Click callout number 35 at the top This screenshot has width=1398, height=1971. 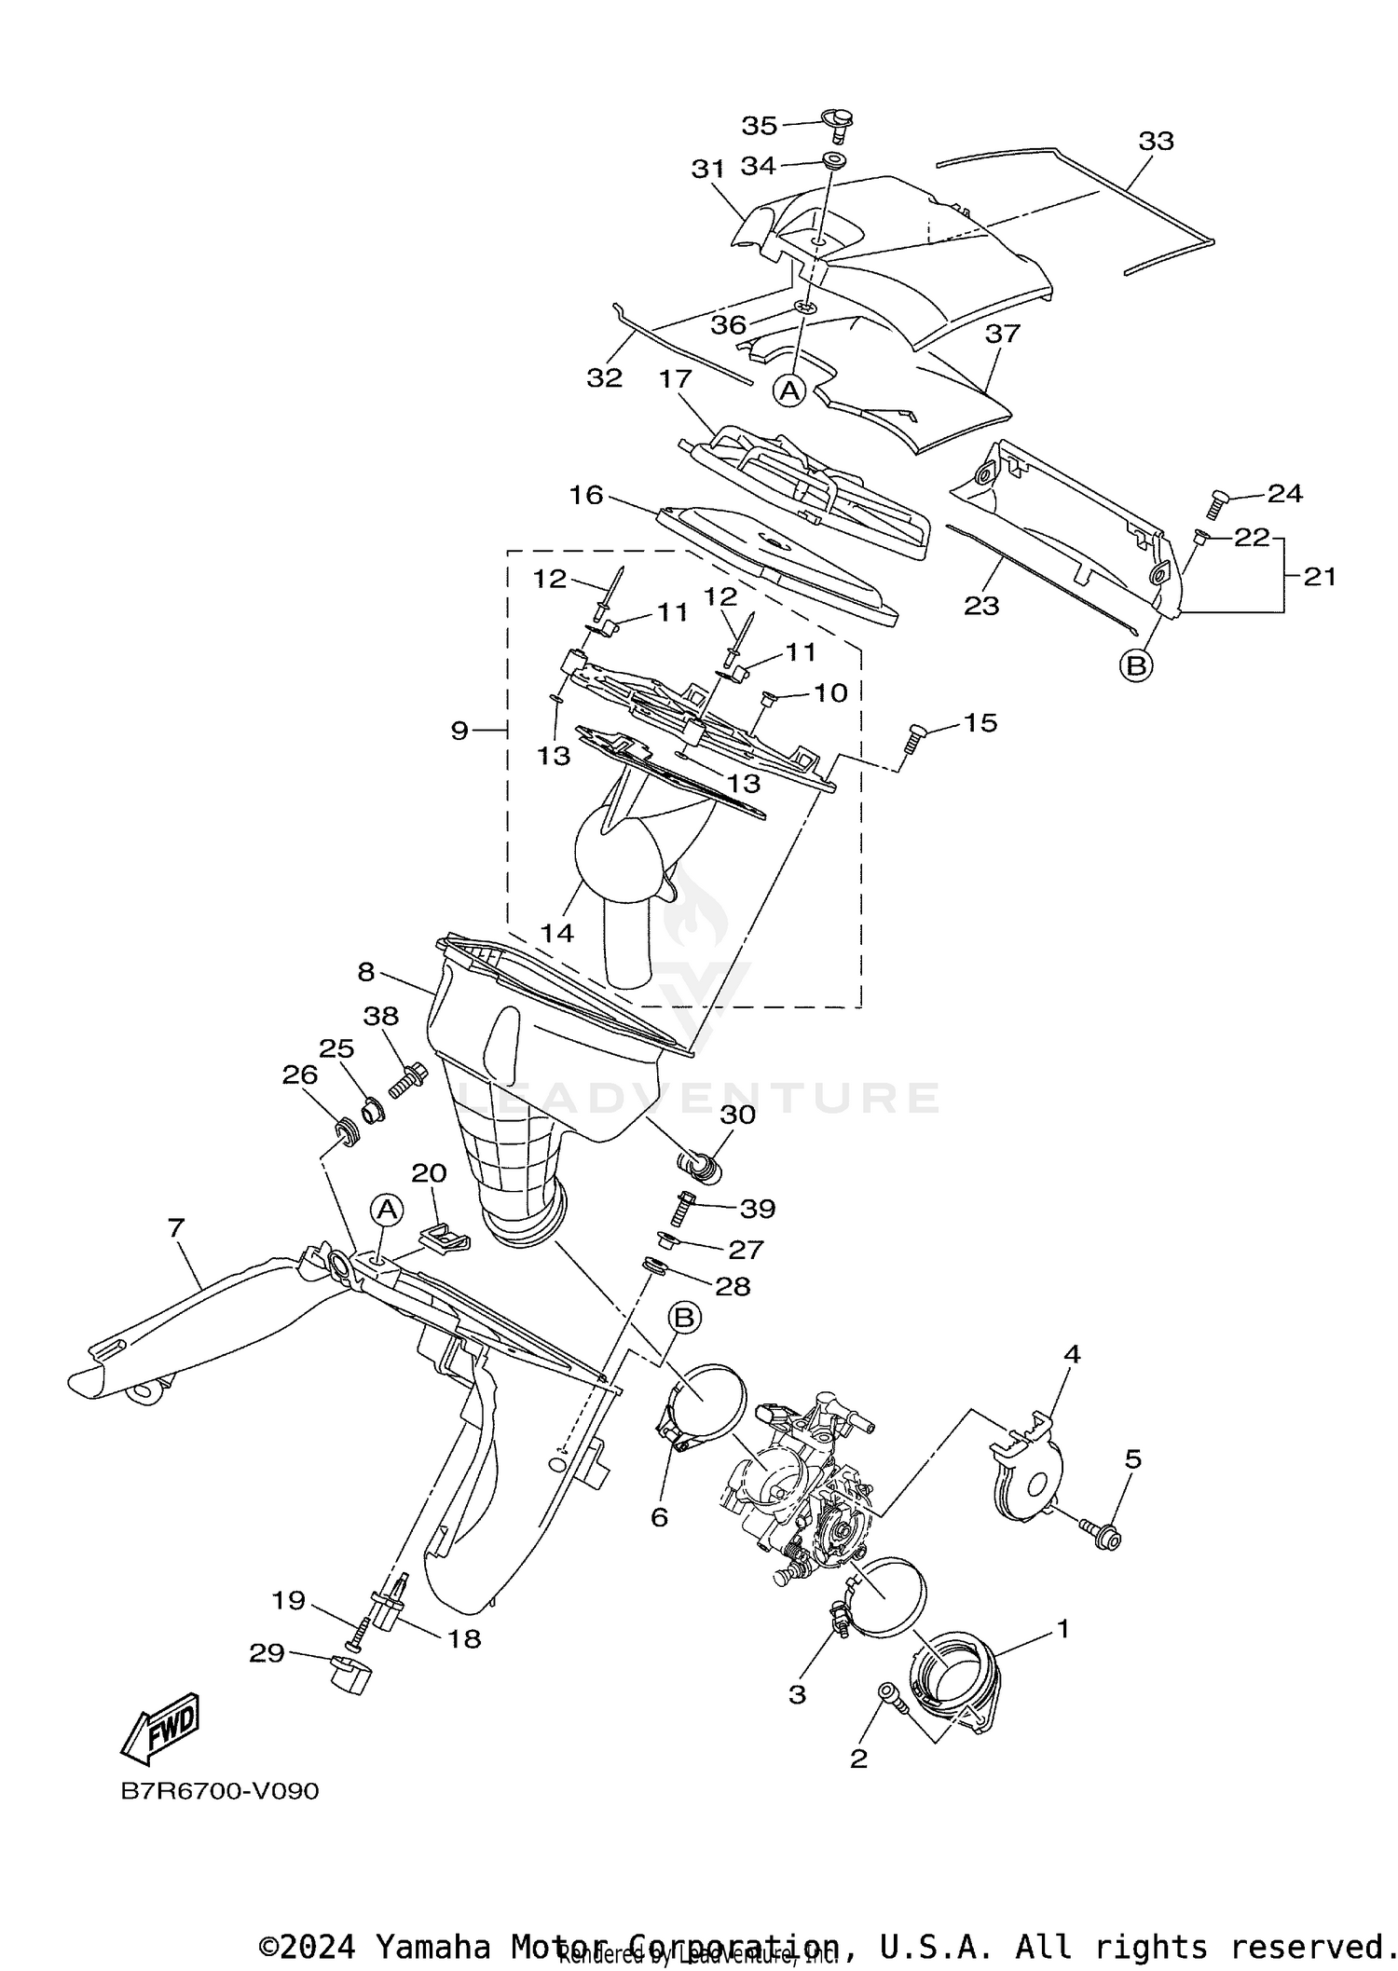[759, 125]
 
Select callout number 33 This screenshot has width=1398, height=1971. [1156, 142]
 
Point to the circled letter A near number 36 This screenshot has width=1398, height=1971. [789, 391]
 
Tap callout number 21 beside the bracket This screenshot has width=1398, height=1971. [1319, 577]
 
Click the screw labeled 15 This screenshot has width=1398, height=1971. [913, 742]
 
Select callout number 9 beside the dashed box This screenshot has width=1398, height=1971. [459, 731]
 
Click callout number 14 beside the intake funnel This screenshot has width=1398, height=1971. [556, 932]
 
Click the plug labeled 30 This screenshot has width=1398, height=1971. [700, 1165]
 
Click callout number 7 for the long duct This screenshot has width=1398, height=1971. [176, 1227]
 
